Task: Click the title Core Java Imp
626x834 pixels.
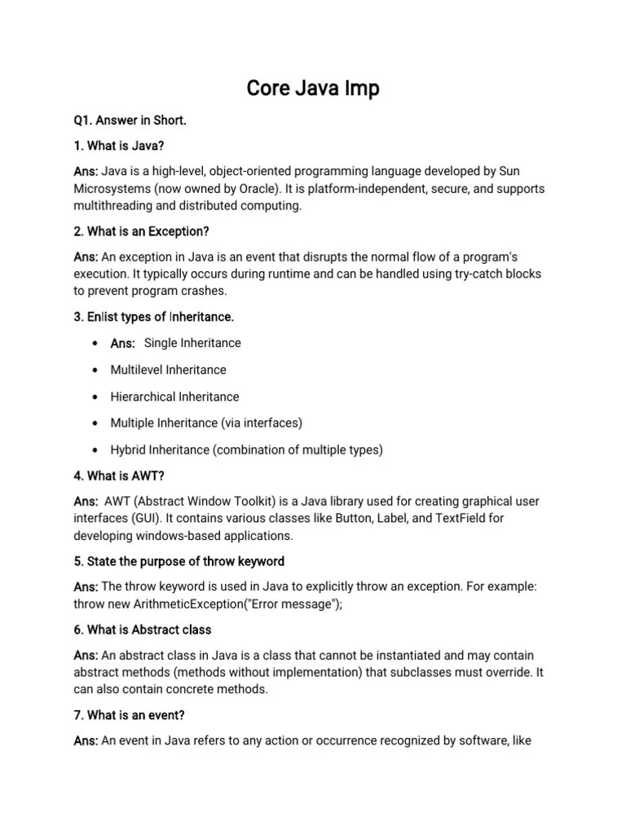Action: [x=313, y=87]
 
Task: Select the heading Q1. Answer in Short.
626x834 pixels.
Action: [x=130, y=121]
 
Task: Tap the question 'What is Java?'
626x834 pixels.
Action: [x=119, y=146]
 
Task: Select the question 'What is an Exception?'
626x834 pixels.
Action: [x=141, y=231]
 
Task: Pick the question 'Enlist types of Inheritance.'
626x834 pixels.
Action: [x=154, y=316]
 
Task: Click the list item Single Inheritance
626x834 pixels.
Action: [x=192, y=343]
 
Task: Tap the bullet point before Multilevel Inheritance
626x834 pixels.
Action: [x=96, y=371]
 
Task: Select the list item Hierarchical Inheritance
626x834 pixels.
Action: [x=175, y=397]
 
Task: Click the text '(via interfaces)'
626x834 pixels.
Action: [x=262, y=423]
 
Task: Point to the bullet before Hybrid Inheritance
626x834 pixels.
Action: [x=96, y=450]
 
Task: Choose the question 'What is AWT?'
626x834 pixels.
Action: [x=119, y=476]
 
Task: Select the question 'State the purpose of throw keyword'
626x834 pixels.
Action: [x=179, y=561]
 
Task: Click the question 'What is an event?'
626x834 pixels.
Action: [x=130, y=715]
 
